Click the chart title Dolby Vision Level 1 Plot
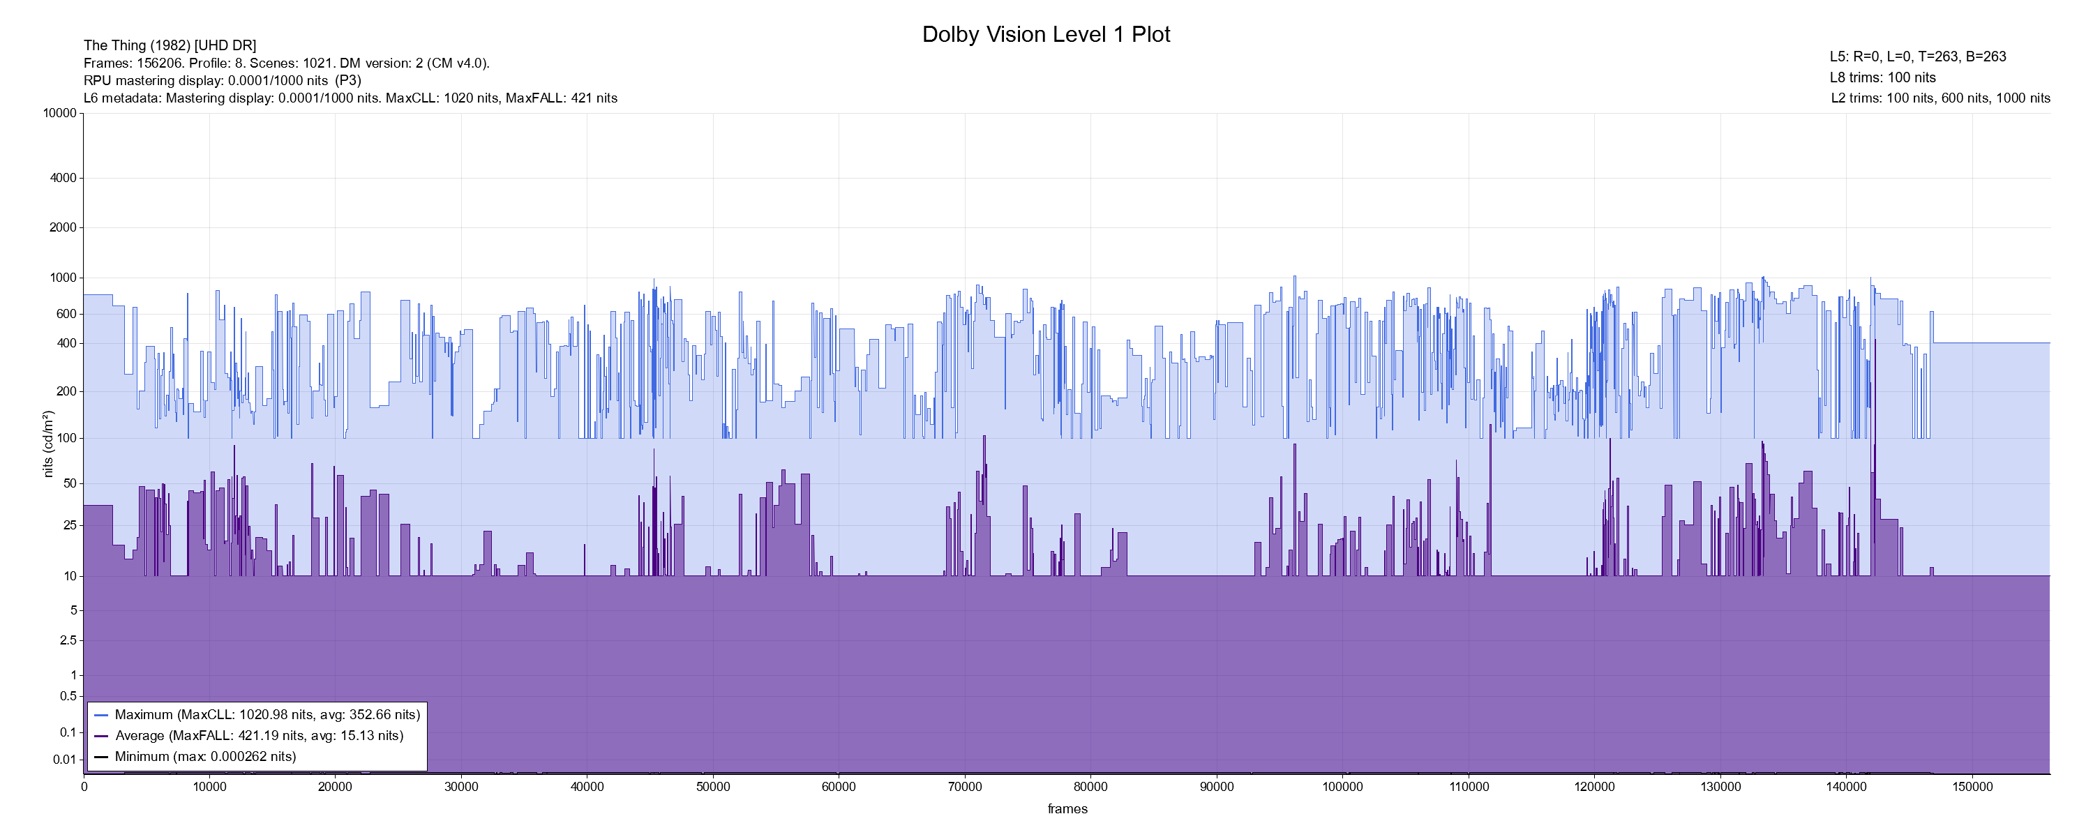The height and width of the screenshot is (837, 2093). tap(1046, 34)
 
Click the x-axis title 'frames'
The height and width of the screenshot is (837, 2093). tap(1067, 808)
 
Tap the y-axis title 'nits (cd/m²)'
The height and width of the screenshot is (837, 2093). tap(48, 444)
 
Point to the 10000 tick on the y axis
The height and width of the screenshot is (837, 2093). tap(60, 113)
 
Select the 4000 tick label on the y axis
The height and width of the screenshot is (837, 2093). tap(63, 178)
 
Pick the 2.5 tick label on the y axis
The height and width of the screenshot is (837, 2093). tap(68, 640)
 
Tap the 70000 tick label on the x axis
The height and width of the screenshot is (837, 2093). tap(964, 787)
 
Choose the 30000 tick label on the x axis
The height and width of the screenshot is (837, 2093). tap(460, 787)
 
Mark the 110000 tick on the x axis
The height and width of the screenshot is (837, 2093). tap(1468, 787)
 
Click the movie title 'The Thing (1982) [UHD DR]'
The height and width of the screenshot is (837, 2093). tap(170, 45)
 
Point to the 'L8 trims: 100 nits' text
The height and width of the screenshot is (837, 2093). tap(1882, 77)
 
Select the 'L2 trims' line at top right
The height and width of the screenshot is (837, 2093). tap(1940, 98)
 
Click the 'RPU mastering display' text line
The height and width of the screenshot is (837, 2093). tap(222, 80)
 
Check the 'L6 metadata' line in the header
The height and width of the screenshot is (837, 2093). tap(350, 98)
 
